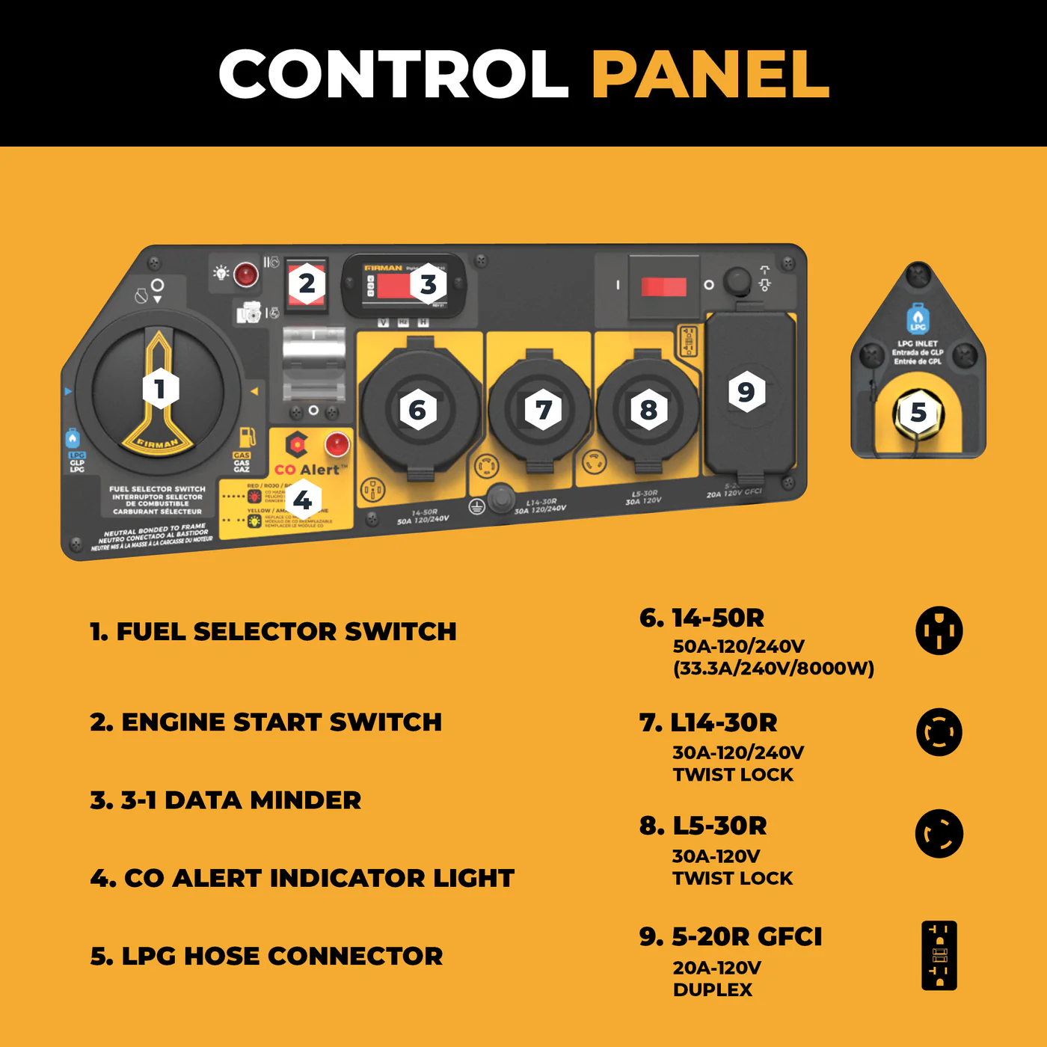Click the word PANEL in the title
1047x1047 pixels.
[710, 74]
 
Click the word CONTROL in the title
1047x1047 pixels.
[393, 74]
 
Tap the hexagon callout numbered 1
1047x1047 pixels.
[160, 388]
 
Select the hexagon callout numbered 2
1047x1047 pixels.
[307, 284]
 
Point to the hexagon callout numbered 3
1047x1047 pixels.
[428, 284]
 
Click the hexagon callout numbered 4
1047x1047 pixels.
[303, 500]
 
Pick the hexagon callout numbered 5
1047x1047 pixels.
[918, 412]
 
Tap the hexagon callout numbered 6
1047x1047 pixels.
[417, 410]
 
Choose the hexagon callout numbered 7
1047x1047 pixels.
[543, 410]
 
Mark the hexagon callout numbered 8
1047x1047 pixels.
[648, 410]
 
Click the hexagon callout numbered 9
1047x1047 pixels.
[746, 391]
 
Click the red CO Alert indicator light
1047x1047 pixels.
[337, 443]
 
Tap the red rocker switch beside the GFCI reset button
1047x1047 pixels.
[663, 286]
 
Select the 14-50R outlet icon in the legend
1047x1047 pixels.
[939, 630]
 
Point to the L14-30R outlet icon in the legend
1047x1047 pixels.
[939, 732]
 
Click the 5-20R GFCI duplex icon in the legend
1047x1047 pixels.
[939, 956]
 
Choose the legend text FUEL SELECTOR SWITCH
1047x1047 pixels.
[273, 632]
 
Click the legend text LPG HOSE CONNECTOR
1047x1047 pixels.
[266, 957]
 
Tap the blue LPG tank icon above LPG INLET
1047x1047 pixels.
[918, 319]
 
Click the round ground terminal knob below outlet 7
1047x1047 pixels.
[500, 497]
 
